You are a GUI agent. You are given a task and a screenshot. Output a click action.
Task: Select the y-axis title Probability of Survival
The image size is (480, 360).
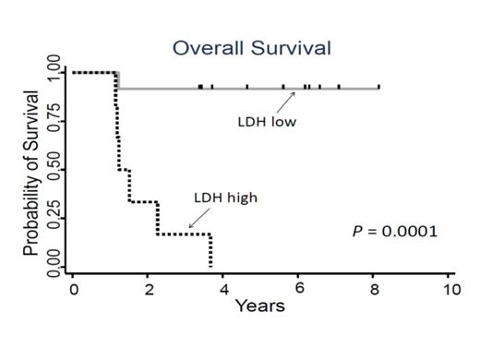[30, 173]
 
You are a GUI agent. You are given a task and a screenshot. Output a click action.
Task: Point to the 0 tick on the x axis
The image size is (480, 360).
[73, 287]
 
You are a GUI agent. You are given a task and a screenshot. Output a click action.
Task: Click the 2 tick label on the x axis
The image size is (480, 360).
[149, 287]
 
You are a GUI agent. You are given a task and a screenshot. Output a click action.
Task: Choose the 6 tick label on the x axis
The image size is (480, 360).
[299, 287]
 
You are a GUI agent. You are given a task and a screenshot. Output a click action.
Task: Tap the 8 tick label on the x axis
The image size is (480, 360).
[374, 287]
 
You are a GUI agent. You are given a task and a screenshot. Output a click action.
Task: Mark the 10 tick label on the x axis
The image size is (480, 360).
[449, 287]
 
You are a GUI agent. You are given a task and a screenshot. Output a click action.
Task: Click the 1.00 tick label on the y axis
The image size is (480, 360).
[54, 72]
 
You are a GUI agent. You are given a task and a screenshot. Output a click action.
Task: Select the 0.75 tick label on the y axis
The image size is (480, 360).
[54, 123]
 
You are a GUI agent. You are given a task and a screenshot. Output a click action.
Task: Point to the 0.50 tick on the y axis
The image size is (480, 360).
[54, 172]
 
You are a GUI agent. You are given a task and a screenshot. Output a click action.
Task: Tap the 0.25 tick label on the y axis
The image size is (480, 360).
[54, 221]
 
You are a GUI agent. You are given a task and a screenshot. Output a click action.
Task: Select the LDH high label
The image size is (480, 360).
[220, 197]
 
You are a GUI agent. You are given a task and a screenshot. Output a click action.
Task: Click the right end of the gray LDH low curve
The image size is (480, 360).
[378, 89]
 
